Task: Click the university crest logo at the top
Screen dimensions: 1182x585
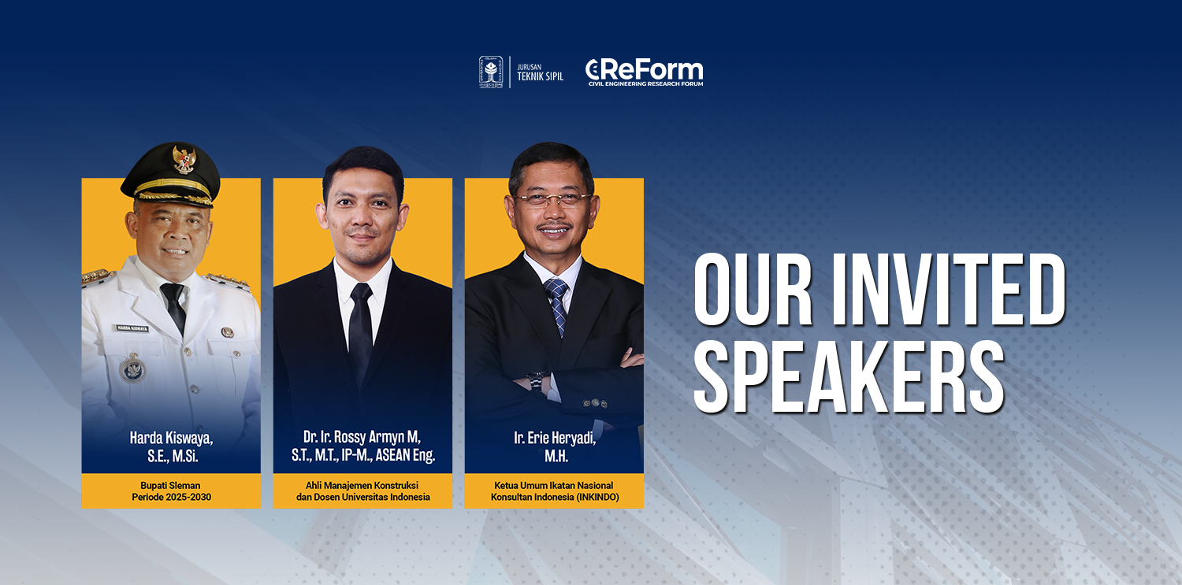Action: click(491, 72)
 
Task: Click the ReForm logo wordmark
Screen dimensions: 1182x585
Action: click(645, 72)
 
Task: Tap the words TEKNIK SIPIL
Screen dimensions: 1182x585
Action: click(541, 76)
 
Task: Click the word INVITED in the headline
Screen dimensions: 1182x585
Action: click(948, 290)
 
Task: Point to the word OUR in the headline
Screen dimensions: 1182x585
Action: click(753, 290)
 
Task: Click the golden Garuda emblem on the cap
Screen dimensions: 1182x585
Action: click(184, 159)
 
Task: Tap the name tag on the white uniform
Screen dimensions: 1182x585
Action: click(132, 328)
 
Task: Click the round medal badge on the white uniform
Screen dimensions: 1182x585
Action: click(132, 368)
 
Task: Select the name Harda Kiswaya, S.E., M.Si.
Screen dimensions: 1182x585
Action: click(172, 446)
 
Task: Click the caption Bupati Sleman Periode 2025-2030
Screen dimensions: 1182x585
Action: click(171, 491)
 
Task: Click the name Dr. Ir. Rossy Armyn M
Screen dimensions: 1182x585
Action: click(362, 437)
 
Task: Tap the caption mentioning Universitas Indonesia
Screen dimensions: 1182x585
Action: click(362, 491)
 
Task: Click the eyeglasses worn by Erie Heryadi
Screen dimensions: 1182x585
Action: click(552, 199)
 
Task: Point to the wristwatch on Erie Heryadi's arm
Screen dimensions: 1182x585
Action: click(537, 381)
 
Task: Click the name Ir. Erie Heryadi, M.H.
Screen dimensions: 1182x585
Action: click(555, 446)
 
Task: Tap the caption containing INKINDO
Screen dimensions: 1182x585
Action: click(554, 491)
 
